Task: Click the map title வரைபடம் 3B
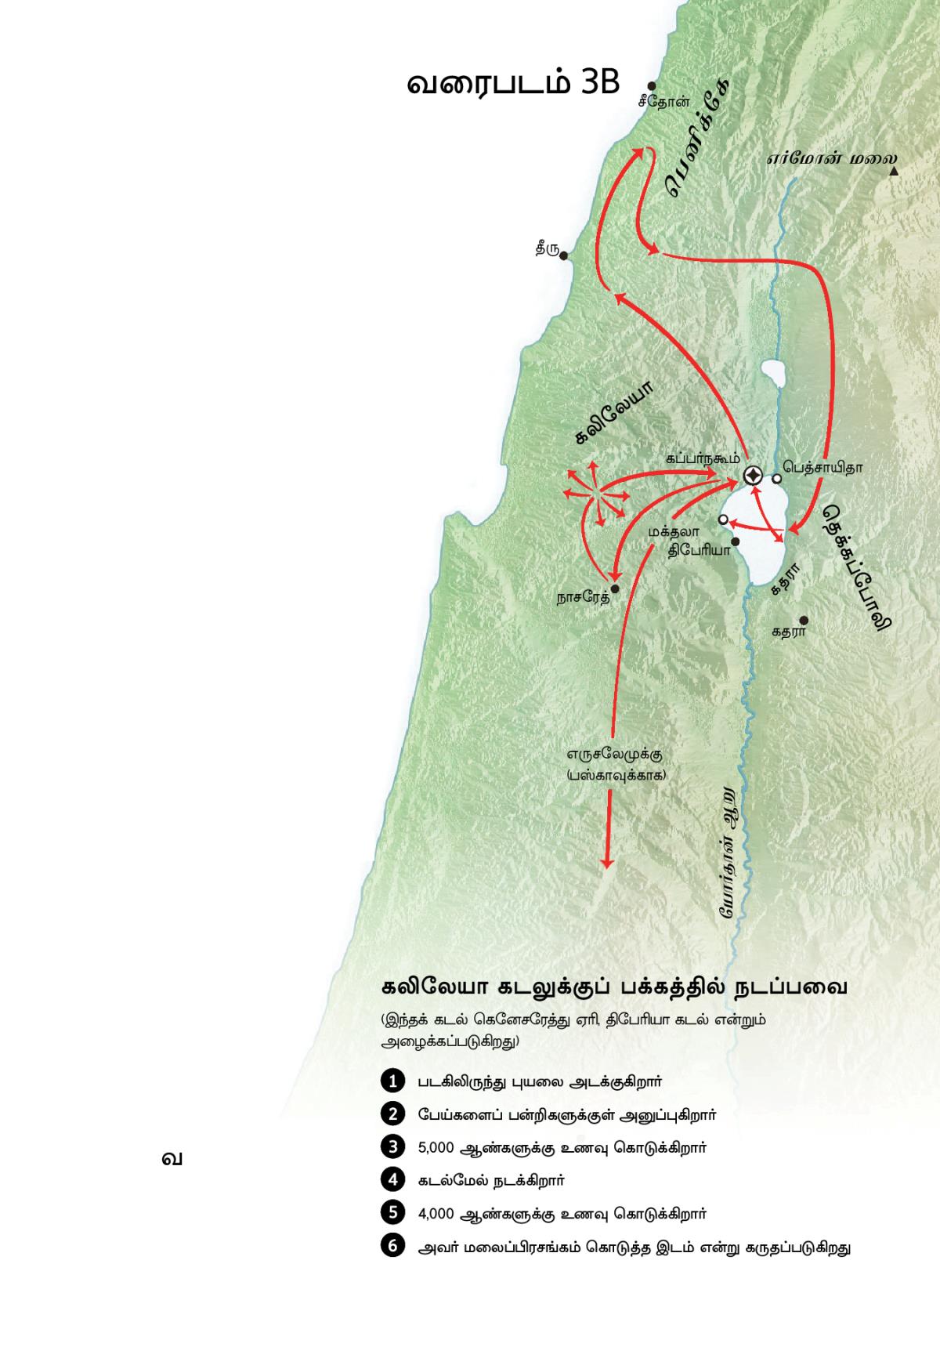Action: (513, 84)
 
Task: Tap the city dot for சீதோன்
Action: (651, 87)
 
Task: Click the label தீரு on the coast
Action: (547, 250)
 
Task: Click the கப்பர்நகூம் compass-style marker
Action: (753, 475)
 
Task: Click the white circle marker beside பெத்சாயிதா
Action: (777, 478)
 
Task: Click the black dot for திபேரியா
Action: (736, 541)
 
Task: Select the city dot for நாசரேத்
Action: (615, 588)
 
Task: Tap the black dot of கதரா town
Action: (803, 620)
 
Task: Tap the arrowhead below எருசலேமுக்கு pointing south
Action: (606, 862)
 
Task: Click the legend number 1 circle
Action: (391, 1081)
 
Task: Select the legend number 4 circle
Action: (391, 1179)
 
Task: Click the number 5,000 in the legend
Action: (436, 1147)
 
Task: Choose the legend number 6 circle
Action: (391, 1245)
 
